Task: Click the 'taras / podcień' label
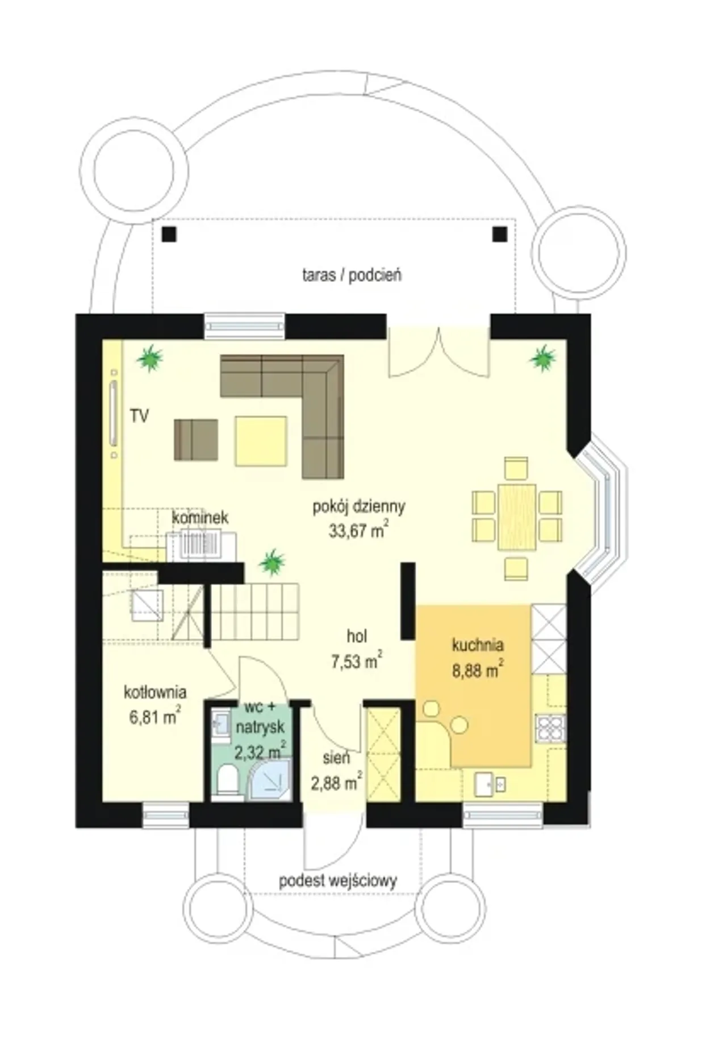[352, 276]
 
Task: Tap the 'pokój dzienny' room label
[358, 506]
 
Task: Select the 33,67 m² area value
[358, 531]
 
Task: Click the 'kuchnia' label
[478, 645]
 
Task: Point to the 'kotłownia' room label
[155, 692]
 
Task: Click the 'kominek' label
[200, 518]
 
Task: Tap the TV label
[139, 416]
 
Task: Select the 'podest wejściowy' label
[337, 881]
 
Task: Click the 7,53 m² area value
[356, 661]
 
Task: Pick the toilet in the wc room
[228, 780]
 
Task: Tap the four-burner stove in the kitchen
[550, 728]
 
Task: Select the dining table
[517, 517]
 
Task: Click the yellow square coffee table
[261, 441]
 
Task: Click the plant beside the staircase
[271, 562]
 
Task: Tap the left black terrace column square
[169, 234]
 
